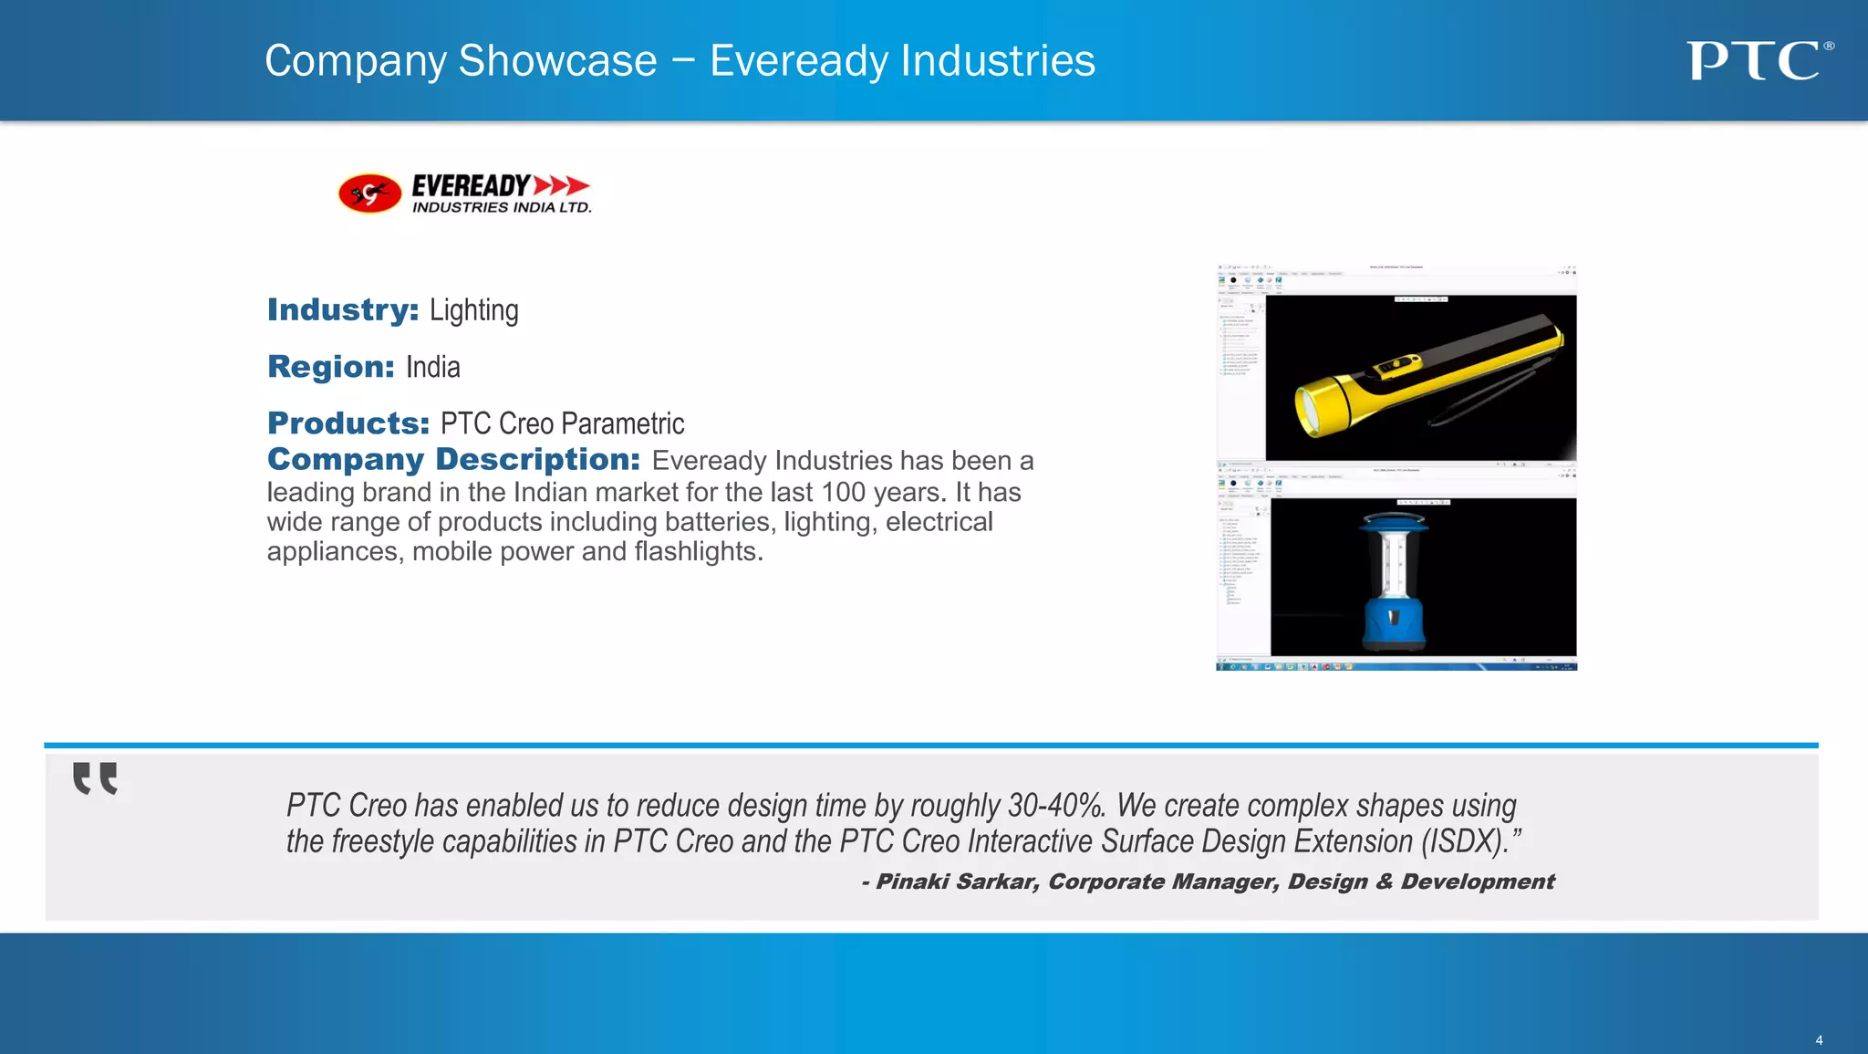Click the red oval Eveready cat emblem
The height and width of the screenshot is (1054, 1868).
point(369,193)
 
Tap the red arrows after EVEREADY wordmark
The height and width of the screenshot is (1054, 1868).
point(561,185)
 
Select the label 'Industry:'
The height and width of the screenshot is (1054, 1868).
point(343,310)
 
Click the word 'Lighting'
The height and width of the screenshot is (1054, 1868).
point(473,311)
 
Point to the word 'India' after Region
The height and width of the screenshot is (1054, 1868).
point(432,367)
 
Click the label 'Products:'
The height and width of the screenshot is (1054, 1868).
point(348,423)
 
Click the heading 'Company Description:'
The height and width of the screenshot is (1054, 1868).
point(453,459)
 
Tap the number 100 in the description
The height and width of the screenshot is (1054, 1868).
point(843,493)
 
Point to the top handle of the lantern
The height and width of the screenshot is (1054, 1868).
point(1393,521)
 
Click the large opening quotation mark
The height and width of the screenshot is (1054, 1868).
point(95,778)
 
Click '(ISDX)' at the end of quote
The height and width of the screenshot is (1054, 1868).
point(1462,841)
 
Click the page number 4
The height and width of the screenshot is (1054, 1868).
point(1819,1040)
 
